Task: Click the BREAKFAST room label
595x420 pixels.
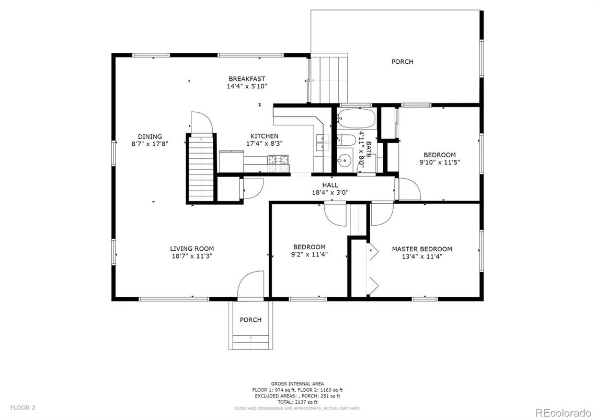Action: (247, 79)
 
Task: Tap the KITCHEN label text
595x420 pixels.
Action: (264, 136)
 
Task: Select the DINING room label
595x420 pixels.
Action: (150, 136)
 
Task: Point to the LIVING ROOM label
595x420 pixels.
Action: (192, 249)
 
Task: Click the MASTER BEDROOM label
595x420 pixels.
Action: (421, 249)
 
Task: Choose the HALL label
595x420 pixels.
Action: (330, 185)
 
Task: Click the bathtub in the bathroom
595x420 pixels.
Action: (356, 119)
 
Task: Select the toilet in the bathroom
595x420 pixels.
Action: (346, 140)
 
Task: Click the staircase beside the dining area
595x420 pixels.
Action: (201, 168)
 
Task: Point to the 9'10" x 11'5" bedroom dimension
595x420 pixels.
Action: (439, 162)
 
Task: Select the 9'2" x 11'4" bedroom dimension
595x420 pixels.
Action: (309, 254)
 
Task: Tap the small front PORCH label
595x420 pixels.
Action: (250, 320)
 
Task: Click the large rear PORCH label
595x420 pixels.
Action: (402, 62)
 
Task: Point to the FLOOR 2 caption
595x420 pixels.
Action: (23, 408)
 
